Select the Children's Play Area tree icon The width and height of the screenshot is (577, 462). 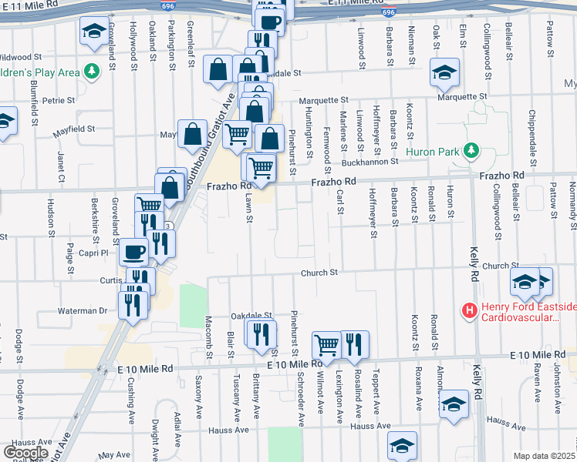click(x=93, y=72)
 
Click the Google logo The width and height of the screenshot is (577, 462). click(x=25, y=453)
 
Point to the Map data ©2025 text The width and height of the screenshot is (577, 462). click(x=544, y=456)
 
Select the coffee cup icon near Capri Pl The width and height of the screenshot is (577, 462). click(x=133, y=251)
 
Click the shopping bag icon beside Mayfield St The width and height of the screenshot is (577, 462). click(x=191, y=134)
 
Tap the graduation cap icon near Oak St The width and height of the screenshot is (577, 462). click(x=444, y=72)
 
